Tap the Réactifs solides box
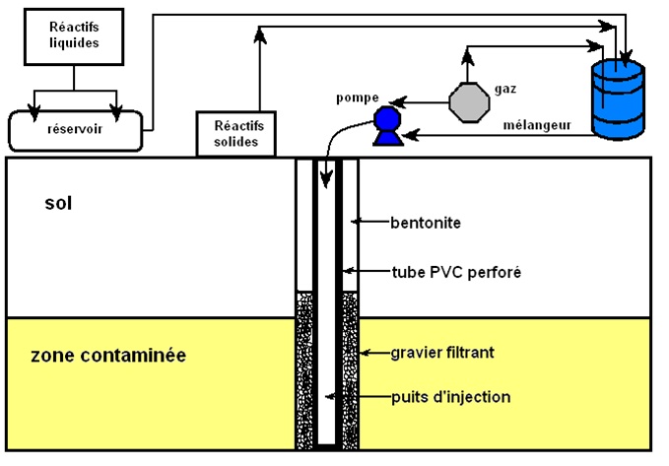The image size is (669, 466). pyautogui.click(x=237, y=133)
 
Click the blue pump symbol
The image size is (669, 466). pyautogui.click(x=385, y=125)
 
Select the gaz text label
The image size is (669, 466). pyautogui.click(x=505, y=89)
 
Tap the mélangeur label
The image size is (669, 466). pyautogui.click(x=538, y=124)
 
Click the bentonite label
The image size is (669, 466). pyautogui.click(x=425, y=223)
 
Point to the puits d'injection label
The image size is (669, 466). pyautogui.click(x=449, y=397)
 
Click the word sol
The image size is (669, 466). pyautogui.click(x=59, y=204)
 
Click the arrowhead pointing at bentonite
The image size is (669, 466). pyautogui.click(x=362, y=223)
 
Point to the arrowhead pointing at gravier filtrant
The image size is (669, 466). pyautogui.click(x=362, y=352)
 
